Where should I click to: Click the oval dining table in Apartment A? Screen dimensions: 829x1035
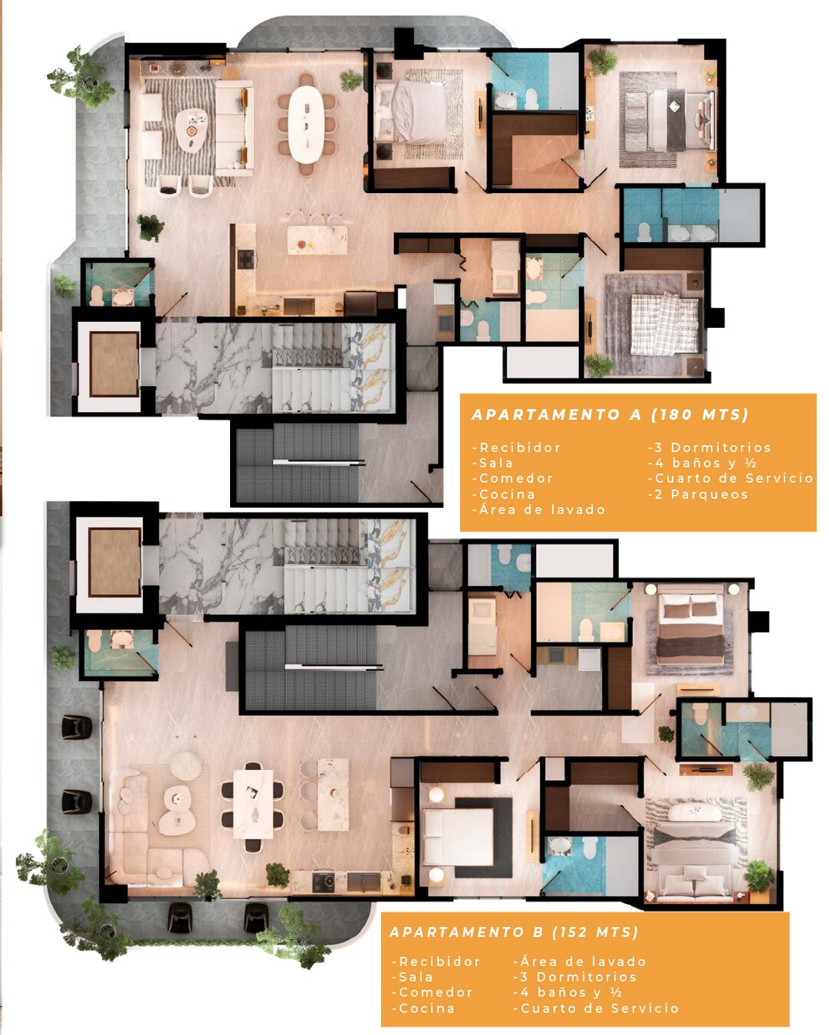click(307, 123)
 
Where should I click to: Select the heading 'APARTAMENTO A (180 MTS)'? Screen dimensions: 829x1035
click(610, 414)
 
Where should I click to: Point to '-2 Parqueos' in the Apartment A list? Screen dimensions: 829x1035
click(698, 494)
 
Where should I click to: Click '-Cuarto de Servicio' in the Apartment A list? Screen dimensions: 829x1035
click(730, 478)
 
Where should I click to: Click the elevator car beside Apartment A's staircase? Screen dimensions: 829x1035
click(114, 364)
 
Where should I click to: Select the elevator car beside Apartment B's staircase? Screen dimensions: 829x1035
click(114, 562)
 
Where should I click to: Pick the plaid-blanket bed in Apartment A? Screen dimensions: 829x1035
click(665, 324)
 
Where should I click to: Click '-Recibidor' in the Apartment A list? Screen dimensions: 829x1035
click(517, 447)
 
